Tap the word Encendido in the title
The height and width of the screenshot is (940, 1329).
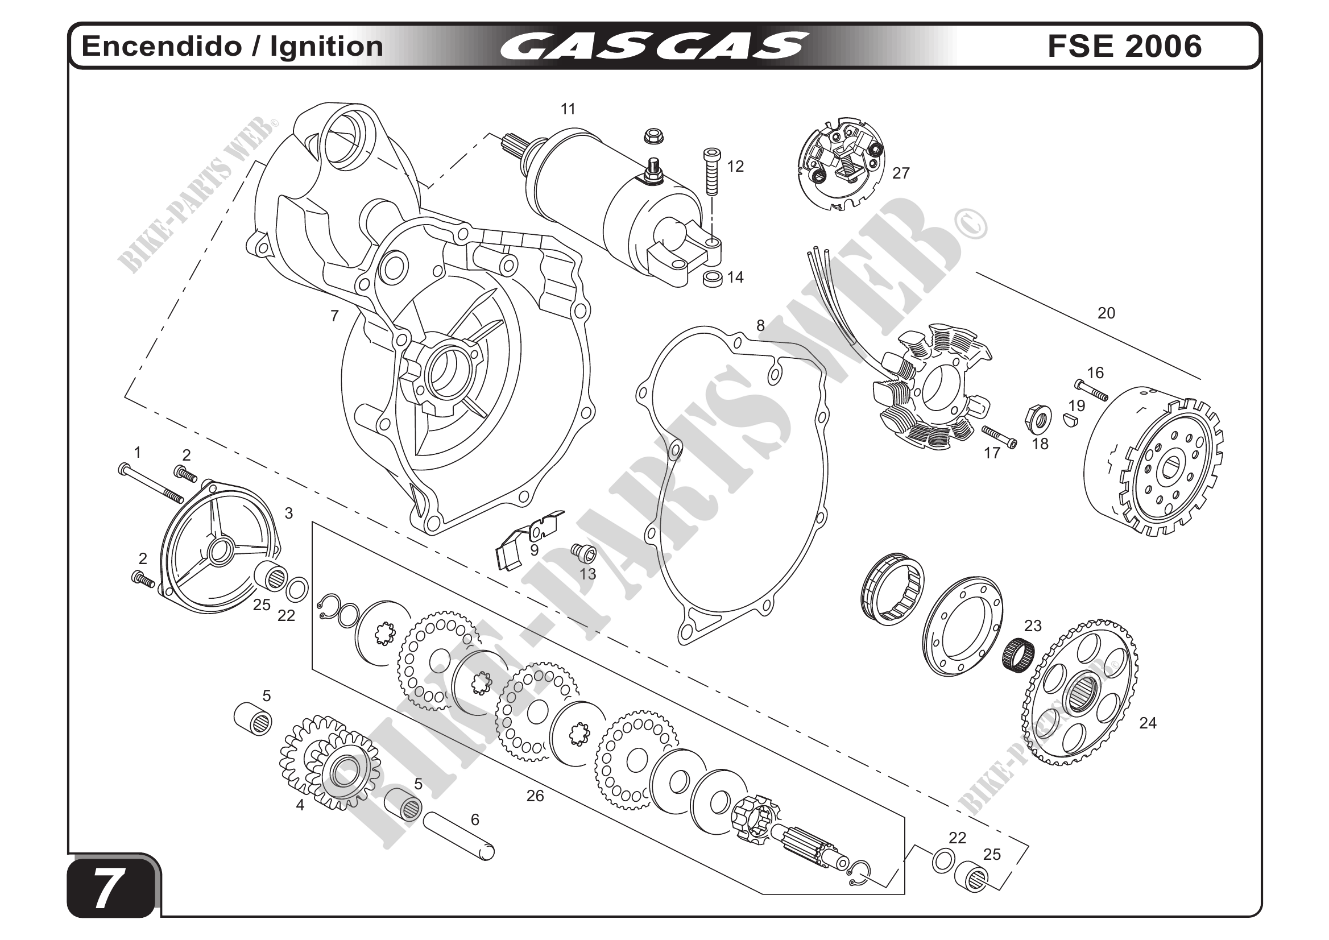(x=160, y=46)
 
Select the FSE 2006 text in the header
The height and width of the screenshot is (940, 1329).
(x=1124, y=46)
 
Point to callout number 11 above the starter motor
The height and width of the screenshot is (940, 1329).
(x=568, y=109)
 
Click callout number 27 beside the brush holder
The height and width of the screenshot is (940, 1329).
(x=901, y=173)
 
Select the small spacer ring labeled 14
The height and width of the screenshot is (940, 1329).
(x=712, y=279)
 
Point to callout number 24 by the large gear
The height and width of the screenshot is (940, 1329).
(x=1147, y=723)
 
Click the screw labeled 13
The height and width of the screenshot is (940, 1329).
(x=583, y=553)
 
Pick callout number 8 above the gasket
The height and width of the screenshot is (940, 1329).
(x=760, y=326)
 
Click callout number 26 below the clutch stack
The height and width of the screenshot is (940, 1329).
(x=535, y=796)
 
